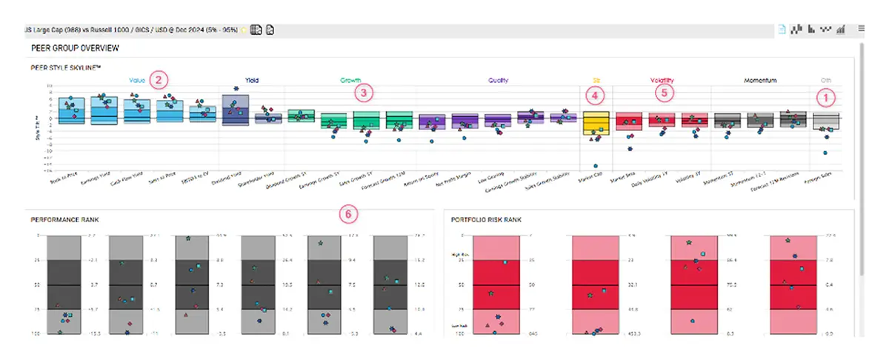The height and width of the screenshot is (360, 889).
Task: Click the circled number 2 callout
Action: coord(158,79)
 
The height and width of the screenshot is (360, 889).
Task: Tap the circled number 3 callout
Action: coord(363,93)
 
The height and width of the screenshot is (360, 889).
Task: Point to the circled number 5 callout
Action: coord(665,93)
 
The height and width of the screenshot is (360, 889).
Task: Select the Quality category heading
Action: coord(499,80)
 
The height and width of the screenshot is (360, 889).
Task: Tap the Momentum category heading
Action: coord(761,80)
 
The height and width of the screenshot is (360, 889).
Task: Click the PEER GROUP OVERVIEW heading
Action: coord(76,48)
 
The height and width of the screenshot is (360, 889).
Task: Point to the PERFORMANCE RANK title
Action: coord(65,220)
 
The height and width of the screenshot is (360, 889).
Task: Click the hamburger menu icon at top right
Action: coord(862,29)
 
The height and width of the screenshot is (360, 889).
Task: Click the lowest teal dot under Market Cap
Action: coord(594,165)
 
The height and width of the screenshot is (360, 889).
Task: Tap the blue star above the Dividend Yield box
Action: coord(236,89)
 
